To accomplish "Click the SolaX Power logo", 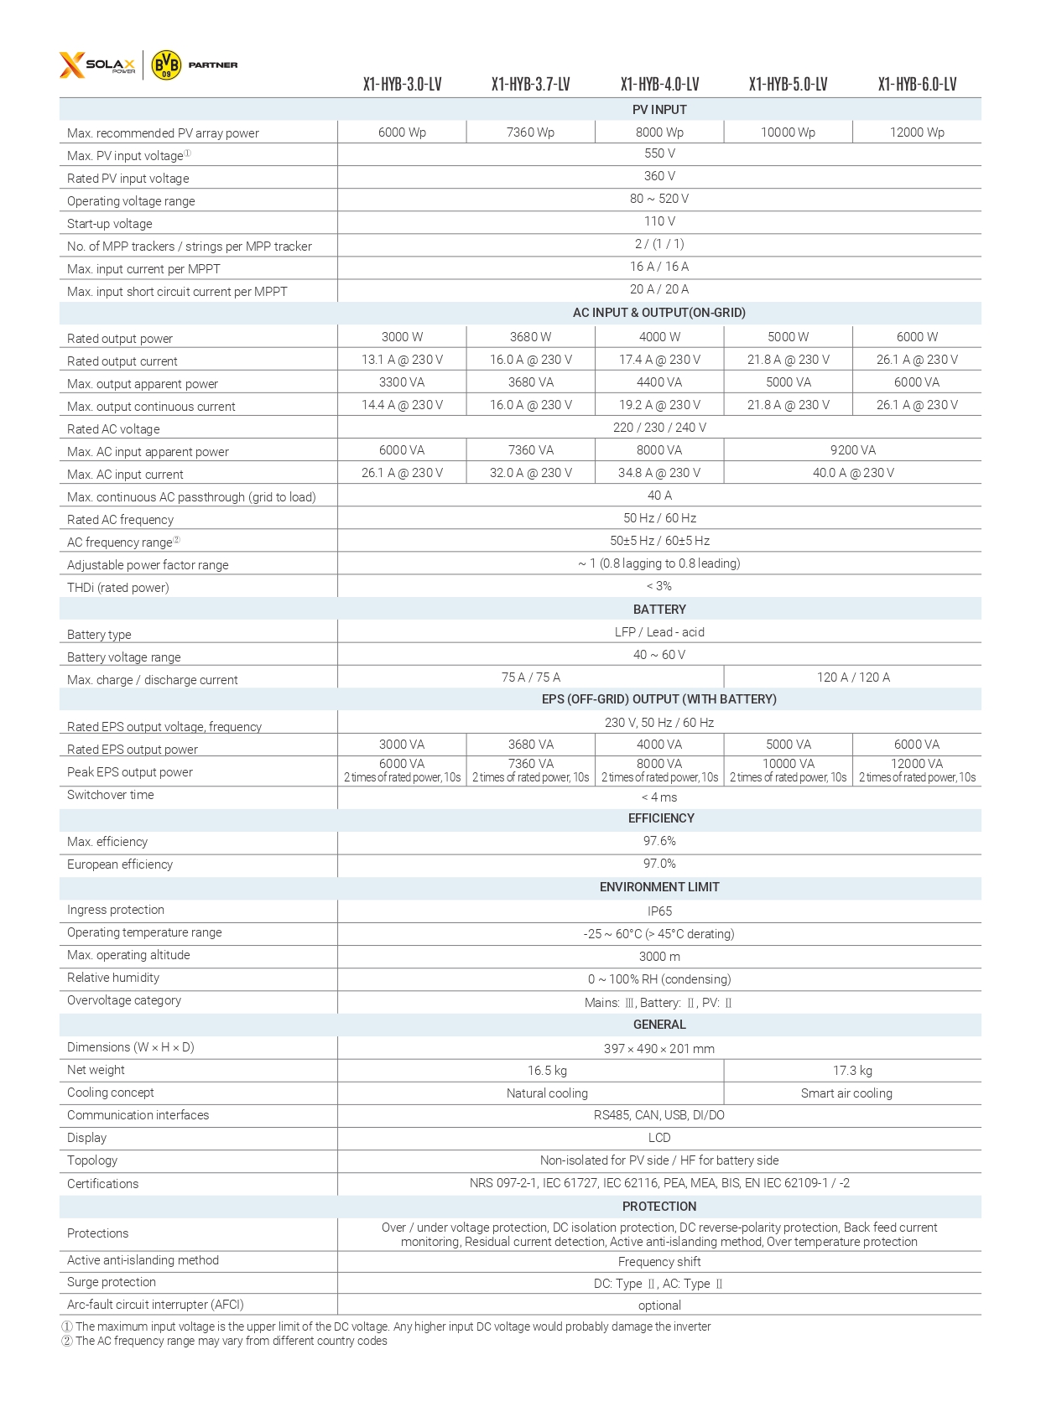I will click(x=97, y=65).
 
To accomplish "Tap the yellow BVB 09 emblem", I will click(x=166, y=65).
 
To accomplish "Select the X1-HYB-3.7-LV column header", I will click(x=530, y=84).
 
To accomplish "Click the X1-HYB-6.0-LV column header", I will click(x=917, y=84).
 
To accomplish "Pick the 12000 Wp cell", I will click(x=917, y=132).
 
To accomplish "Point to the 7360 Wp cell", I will click(x=530, y=132).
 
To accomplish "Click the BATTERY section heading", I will click(x=659, y=610).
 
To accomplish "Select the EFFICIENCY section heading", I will click(x=661, y=818).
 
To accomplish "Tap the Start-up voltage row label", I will click(x=110, y=224).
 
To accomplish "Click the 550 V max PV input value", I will click(x=659, y=154).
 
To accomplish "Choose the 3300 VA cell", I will click(x=402, y=382).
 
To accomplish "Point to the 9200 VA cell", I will click(x=852, y=450).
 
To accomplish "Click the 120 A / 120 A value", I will click(x=853, y=677).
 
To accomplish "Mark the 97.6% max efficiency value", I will click(x=659, y=841).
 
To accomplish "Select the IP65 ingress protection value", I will click(x=659, y=911).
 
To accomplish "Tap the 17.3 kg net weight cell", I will click(x=852, y=1071).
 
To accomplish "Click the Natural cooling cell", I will click(x=547, y=1093).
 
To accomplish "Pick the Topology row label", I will click(x=92, y=1160).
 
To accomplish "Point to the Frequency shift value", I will click(x=659, y=1262).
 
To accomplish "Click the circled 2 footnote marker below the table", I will click(x=67, y=1342).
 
